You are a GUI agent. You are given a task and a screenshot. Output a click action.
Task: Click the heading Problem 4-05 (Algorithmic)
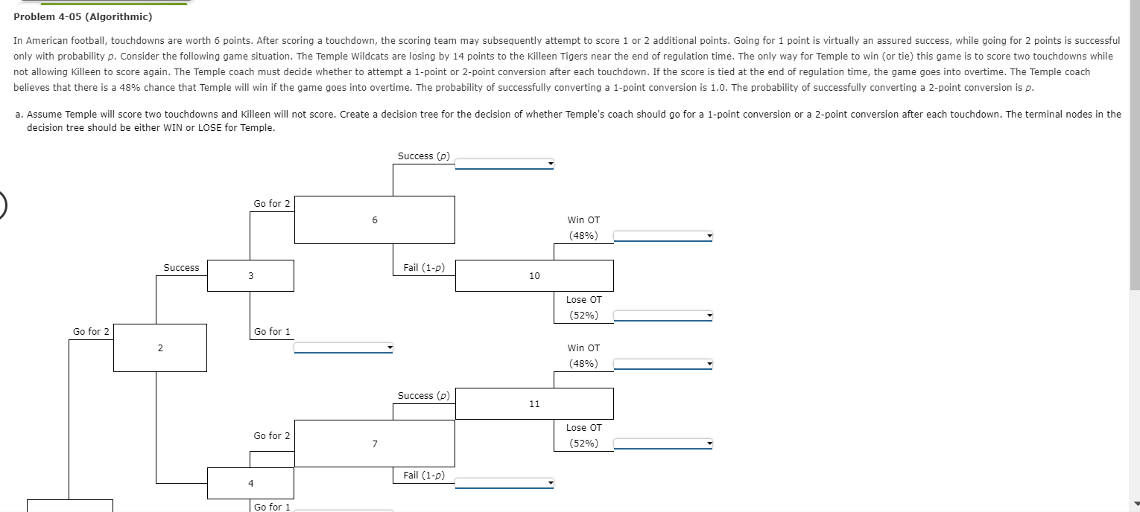(x=83, y=16)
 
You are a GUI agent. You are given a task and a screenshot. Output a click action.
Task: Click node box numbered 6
(x=375, y=220)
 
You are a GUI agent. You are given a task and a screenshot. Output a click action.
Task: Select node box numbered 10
(x=534, y=275)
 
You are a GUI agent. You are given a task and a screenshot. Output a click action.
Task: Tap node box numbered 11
(x=534, y=403)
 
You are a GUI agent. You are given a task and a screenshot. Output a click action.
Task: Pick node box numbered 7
(x=375, y=444)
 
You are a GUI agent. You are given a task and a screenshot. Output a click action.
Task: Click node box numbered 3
(x=250, y=275)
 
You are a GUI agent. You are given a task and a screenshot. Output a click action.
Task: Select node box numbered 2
(x=159, y=348)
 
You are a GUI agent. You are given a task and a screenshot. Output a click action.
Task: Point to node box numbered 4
(x=250, y=483)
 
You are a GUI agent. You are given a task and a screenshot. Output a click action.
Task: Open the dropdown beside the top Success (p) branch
(x=504, y=164)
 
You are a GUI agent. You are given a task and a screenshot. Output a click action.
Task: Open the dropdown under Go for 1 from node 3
(x=343, y=348)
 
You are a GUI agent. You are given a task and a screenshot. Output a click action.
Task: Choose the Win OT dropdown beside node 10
(x=663, y=237)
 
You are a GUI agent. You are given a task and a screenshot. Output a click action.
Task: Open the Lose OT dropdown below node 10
(x=663, y=316)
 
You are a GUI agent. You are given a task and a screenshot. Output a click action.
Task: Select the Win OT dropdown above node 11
(x=663, y=365)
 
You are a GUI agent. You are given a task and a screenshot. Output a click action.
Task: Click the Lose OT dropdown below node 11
(x=663, y=444)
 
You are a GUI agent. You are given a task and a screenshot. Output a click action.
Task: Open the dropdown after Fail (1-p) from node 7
(x=504, y=484)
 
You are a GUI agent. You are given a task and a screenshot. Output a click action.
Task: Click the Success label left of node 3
(x=181, y=268)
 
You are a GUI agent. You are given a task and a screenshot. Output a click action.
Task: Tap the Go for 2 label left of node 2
(x=91, y=332)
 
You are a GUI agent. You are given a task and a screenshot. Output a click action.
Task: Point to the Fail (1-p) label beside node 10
(x=423, y=268)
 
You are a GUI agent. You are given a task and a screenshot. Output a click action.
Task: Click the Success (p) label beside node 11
(x=423, y=396)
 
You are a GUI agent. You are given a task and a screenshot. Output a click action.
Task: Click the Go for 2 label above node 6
(x=272, y=204)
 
